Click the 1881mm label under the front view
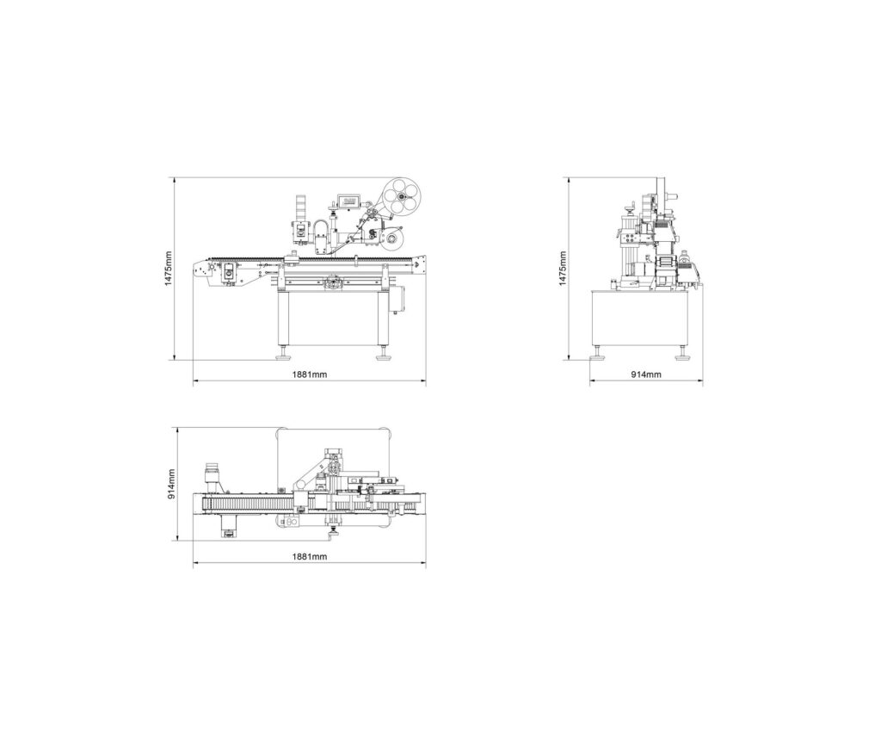(x=309, y=374)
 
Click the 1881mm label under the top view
(x=309, y=557)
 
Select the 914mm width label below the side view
(x=646, y=374)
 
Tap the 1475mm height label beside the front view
(x=169, y=269)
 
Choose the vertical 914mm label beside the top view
(x=171, y=484)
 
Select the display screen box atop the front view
(x=350, y=199)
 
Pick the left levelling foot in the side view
(x=597, y=353)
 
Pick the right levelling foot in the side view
(x=684, y=353)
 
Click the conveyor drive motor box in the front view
(x=230, y=271)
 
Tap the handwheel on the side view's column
(x=631, y=207)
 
